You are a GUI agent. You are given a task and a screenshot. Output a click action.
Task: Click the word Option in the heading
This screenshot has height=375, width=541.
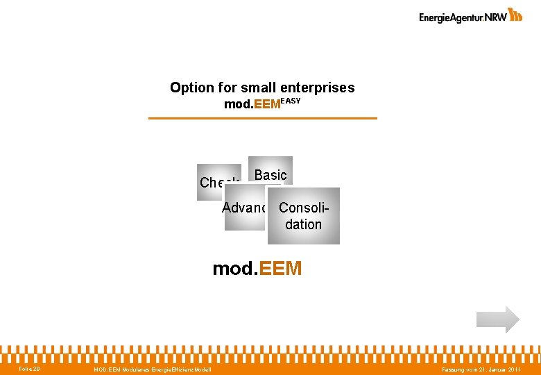coord(191,88)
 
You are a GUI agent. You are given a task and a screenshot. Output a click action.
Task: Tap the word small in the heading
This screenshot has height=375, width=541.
coord(259,88)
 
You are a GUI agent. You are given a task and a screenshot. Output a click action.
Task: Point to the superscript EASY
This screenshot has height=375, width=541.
coord(291,101)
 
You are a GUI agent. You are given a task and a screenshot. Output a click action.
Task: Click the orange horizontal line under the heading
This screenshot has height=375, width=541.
coord(263,119)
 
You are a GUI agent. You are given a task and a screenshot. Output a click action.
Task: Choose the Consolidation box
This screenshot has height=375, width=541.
coord(303,216)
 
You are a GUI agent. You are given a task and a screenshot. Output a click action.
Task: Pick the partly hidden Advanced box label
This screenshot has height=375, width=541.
coord(244,208)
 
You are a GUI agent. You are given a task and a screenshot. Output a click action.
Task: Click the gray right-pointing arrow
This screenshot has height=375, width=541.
coord(497,319)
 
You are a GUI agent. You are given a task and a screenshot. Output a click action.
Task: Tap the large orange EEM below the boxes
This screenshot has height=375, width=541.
coord(280,269)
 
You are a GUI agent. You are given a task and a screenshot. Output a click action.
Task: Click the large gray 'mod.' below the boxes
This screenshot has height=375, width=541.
coord(234,269)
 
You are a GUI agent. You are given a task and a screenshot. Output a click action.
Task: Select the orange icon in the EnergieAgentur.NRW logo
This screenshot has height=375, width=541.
coord(515,15)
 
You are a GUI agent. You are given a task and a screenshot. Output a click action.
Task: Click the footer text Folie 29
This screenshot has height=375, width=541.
coord(29,368)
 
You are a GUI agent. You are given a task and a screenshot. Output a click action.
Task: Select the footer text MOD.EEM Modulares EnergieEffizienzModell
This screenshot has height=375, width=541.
coord(153,369)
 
